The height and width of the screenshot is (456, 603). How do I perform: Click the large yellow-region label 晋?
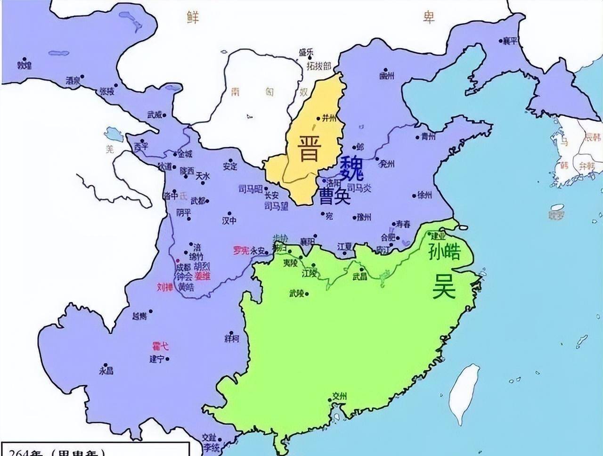click(x=309, y=148)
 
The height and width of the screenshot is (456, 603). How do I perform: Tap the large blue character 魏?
click(x=351, y=169)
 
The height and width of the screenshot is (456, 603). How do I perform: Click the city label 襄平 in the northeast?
click(x=510, y=41)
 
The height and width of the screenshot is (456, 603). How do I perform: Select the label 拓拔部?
click(x=318, y=65)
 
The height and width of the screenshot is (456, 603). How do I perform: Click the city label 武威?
click(x=155, y=114)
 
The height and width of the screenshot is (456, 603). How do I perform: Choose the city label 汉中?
click(x=229, y=220)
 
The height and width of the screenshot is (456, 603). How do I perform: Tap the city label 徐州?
click(x=424, y=195)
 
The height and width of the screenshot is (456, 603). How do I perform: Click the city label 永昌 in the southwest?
click(x=106, y=371)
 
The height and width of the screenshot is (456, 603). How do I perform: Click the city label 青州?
click(x=428, y=137)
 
